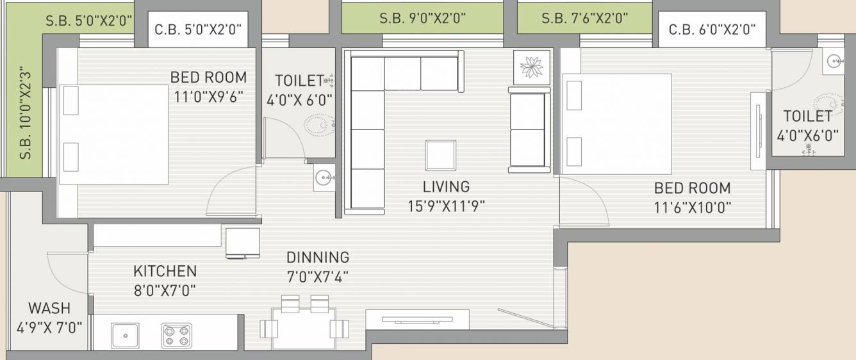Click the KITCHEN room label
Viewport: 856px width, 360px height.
(x=165, y=271)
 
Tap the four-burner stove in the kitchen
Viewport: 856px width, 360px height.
(x=177, y=336)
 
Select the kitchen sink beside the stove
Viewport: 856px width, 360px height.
(x=125, y=336)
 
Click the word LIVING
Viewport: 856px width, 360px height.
(x=446, y=187)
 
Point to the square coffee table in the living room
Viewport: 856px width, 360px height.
(x=441, y=155)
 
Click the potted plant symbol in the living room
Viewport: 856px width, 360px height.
(x=532, y=67)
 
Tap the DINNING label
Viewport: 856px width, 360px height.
(x=318, y=258)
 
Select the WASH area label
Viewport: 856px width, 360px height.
(x=49, y=308)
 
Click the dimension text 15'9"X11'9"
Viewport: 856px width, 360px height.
(x=446, y=206)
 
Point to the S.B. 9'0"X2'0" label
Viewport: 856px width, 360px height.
(x=422, y=19)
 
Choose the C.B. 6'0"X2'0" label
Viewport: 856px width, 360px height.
(x=712, y=29)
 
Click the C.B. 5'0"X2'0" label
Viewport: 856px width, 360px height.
(x=198, y=29)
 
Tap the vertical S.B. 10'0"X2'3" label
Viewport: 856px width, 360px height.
(x=25, y=113)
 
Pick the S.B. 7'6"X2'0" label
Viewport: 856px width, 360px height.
(x=585, y=19)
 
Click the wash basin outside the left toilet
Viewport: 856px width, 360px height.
(x=324, y=177)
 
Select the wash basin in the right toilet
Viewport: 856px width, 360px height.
(x=834, y=61)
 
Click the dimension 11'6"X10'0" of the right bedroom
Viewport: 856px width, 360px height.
(x=693, y=208)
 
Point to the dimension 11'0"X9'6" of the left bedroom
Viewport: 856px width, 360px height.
(x=208, y=97)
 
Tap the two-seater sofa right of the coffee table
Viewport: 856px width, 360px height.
(x=529, y=130)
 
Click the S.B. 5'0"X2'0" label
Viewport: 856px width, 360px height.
(x=88, y=20)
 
